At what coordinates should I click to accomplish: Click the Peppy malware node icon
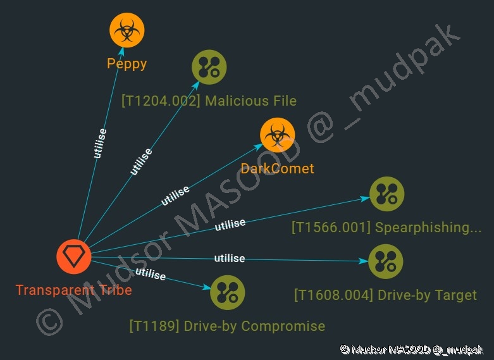coord(127,30)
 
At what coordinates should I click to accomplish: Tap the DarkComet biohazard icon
coord(277,135)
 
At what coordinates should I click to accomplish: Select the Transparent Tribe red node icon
coord(74,257)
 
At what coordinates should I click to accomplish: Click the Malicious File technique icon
coord(209,67)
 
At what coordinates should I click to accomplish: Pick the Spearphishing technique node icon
coord(386,194)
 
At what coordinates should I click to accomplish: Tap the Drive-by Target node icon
coord(385,261)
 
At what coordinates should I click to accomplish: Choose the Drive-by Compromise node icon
coord(227,292)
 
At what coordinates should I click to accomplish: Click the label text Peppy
coord(127,63)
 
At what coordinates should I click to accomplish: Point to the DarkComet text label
coord(277,168)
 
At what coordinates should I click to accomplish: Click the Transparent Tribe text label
coord(74,290)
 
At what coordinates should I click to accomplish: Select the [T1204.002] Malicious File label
coord(209,101)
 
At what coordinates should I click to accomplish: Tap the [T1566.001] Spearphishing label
coord(386,228)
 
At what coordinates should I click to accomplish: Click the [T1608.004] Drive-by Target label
coord(385,295)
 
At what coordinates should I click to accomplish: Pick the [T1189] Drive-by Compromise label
coord(227,326)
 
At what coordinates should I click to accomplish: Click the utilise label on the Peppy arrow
coord(100,144)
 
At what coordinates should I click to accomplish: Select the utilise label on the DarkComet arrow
coord(175,196)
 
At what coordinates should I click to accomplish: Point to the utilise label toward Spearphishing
coord(230,225)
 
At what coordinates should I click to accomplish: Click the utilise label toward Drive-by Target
coord(230,258)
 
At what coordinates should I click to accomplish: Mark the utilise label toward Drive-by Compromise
coord(151,275)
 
